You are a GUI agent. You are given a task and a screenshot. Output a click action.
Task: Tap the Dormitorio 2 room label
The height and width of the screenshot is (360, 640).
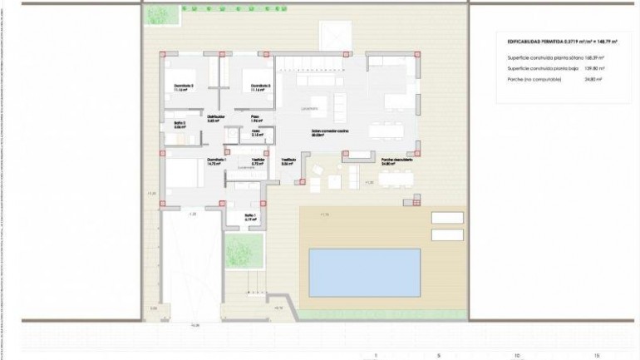pyautogui.click(x=184, y=86)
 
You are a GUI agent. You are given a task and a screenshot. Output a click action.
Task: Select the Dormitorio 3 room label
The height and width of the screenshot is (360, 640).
pyautogui.click(x=261, y=86)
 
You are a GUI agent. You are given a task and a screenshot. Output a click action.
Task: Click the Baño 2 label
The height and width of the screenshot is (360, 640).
pyautogui.click(x=180, y=126)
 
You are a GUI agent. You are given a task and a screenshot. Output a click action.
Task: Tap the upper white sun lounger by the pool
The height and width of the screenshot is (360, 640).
pyautogui.click(x=447, y=217)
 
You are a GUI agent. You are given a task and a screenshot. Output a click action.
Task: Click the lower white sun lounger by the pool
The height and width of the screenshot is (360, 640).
pyautogui.click(x=447, y=234)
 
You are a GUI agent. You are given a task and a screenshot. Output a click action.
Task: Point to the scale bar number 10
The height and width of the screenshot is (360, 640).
pyautogui.click(x=516, y=355)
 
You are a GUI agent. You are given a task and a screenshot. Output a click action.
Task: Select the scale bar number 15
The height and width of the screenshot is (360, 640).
pyautogui.click(x=597, y=355)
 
